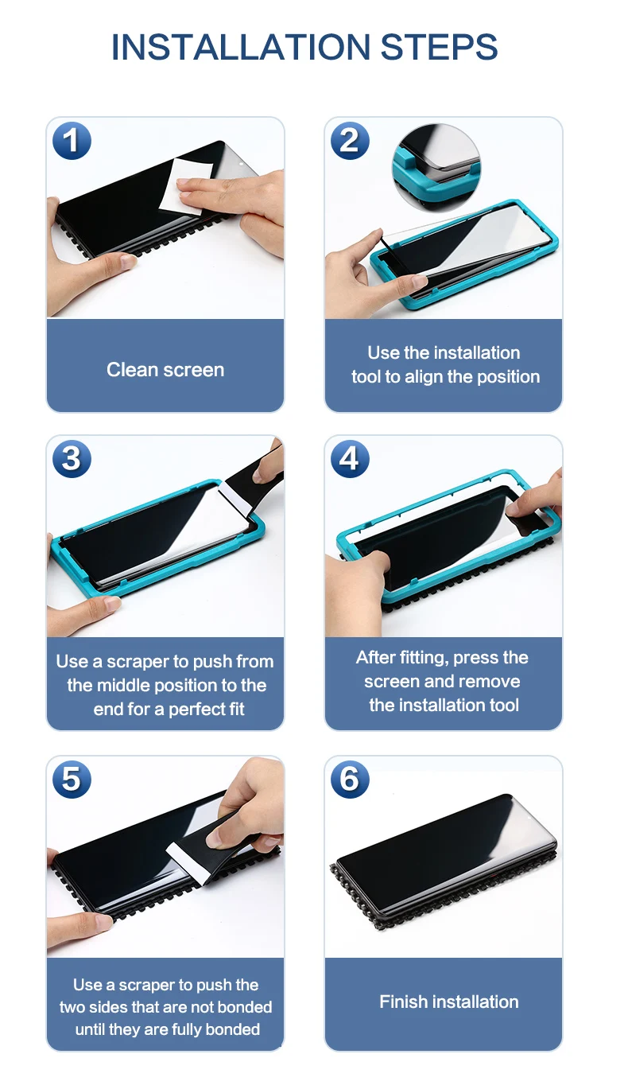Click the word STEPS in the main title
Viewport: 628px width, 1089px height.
(x=439, y=47)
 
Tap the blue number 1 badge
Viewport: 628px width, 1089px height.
(x=72, y=141)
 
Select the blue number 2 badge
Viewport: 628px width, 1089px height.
(x=351, y=141)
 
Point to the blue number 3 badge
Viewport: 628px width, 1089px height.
(x=72, y=459)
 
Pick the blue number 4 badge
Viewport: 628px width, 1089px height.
(x=351, y=459)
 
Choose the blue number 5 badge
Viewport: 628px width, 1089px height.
(x=72, y=780)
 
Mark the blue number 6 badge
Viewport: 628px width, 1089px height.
(x=351, y=780)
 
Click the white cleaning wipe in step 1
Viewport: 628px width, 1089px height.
(x=185, y=185)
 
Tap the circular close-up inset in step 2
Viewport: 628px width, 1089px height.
(x=436, y=168)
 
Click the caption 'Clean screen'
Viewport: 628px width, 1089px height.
(x=165, y=370)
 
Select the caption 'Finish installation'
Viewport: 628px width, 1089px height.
(x=449, y=1002)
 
